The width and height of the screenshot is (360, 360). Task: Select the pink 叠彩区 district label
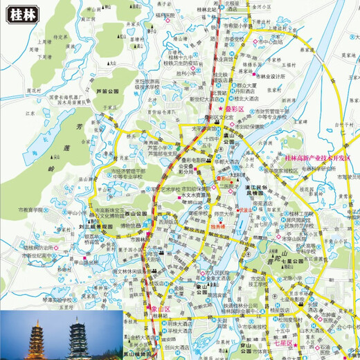click(x=233, y=109)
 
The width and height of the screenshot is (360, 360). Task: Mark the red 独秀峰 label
click(x=217, y=226)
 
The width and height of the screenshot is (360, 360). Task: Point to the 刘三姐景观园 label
click(x=95, y=226)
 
